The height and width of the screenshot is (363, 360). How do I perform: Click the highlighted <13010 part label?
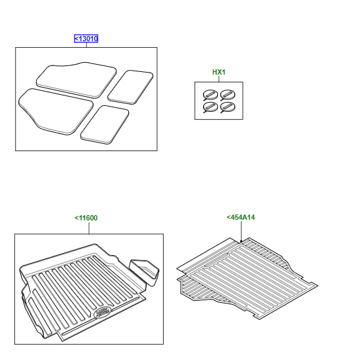click(x=86, y=39)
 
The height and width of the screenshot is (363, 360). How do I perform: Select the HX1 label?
click(x=219, y=72)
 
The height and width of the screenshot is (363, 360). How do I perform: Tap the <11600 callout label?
click(x=86, y=218)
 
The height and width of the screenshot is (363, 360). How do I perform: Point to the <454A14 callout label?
click(x=241, y=217)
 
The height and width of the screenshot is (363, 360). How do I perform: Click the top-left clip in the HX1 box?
click(x=210, y=95)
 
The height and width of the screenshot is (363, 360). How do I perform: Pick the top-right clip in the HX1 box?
click(x=228, y=95)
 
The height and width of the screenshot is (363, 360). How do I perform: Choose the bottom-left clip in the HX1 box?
click(x=210, y=107)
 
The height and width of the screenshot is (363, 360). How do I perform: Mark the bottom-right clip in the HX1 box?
click(x=228, y=107)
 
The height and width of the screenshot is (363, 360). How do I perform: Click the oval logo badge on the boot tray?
click(x=102, y=312)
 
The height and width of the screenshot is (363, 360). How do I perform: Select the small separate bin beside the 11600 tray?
click(x=145, y=271)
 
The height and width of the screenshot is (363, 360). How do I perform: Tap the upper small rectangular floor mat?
click(x=130, y=87)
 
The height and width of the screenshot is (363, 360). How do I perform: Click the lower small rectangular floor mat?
click(x=105, y=124)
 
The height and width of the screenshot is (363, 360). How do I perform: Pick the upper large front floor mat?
click(x=77, y=79)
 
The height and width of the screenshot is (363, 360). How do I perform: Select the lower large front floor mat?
click(x=56, y=111)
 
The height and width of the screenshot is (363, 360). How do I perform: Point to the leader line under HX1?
click(x=219, y=78)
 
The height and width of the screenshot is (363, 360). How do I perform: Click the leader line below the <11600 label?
click(x=89, y=228)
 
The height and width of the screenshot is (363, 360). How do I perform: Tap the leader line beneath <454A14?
click(x=241, y=231)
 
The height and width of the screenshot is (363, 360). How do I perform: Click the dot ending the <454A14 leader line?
click(x=241, y=241)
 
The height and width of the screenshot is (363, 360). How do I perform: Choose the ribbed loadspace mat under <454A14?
click(x=247, y=278)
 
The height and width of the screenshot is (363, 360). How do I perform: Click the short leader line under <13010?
click(x=86, y=45)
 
